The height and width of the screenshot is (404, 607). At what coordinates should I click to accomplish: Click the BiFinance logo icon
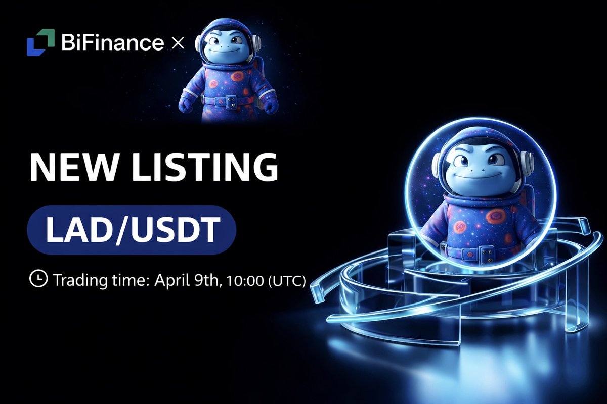pos(40,42)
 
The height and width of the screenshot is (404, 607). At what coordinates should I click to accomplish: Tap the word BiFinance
pos(112,43)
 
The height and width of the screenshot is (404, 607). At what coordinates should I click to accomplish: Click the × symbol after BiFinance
pos(178,43)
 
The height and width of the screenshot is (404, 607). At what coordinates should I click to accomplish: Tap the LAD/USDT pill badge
pos(132,230)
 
